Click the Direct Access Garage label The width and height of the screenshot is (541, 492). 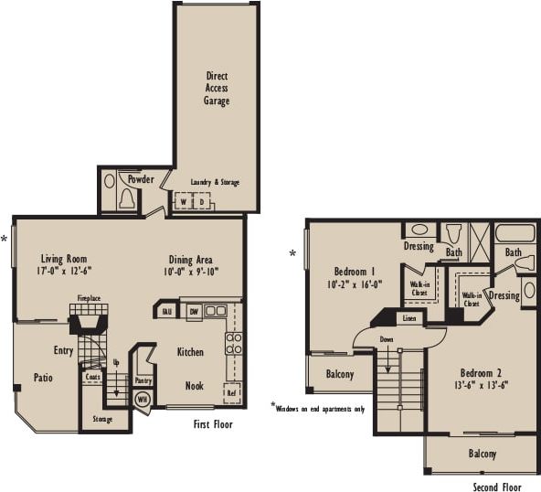pyautogui.click(x=217, y=89)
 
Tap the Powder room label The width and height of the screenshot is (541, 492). pyautogui.click(x=141, y=179)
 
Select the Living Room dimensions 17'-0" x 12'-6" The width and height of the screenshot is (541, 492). pyautogui.click(x=64, y=271)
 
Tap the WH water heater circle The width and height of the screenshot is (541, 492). pyautogui.click(x=142, y=399)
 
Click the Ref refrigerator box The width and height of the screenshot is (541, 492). pyautogui.click(x=232, y=394)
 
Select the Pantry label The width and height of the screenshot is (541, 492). pyautogui.click(x=143, y=380)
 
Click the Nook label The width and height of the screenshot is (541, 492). pyautogui.click(x=194, y=386)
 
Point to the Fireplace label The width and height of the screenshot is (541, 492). pyautogui.click(x=89, y=298)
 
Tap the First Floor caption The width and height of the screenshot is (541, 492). pyautogui.click(x=213, y=424)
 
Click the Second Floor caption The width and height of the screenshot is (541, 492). pyautogui.click(x=498, y=487)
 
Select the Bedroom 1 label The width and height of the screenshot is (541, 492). pyautogui.click(x=355, y=272)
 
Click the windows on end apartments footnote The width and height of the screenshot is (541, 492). pyautogui.click(x=321, y=408)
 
